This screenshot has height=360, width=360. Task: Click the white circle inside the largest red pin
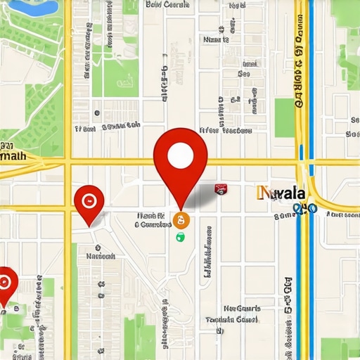click(x=181, y=154)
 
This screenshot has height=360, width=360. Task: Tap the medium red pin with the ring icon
click(x=89, y=201)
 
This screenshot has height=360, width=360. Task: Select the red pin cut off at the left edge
click(x=6, y=283)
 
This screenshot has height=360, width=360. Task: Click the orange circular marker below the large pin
click(x=182, y=221)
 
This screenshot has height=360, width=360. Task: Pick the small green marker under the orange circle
click(x=181, y=237)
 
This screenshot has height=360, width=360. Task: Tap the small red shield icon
click(x=221, y=188)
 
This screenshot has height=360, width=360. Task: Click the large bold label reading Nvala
click(x=282, y=193)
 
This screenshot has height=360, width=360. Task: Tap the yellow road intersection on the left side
click(x=69, y=163)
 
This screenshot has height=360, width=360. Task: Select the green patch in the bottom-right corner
click(x=342, y=348)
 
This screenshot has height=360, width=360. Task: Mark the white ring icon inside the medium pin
click(x=89, y=199)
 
